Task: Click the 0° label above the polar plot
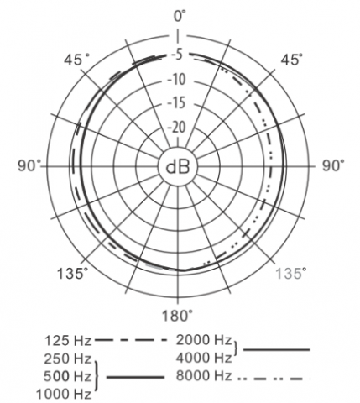(x=180, y=16)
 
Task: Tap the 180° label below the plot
(x=178, y=316)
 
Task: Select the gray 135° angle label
(x=291, y=273)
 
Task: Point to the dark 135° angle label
(x=72, y=273)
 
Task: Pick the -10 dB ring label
(x=176, y=79)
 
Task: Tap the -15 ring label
(x=176, y=103)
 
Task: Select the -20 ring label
(x=176, y=128)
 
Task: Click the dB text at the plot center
(x=178, y=167)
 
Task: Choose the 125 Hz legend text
(x=68, y=341)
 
